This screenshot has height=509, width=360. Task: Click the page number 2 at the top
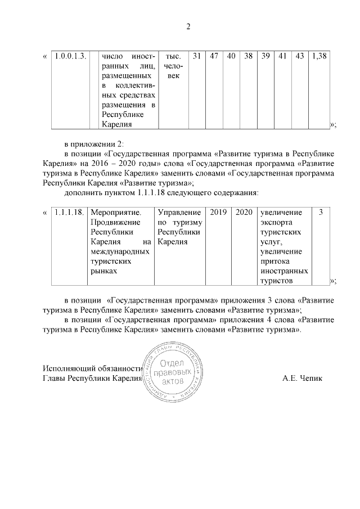pos(188,26)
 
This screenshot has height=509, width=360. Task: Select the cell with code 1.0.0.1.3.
pos(70,56)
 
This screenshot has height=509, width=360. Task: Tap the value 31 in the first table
pos(196,56)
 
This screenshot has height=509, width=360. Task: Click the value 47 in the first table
pos(214,56)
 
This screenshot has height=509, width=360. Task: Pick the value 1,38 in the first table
pos(319,56)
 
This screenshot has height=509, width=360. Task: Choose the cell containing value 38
pos(248,56)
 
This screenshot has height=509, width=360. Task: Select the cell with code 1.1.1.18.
pos(70,213)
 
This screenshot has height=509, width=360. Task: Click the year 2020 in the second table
pos(244,213)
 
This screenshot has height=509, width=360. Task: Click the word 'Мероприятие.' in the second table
pos(115,213)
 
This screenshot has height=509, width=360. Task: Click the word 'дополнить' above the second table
pos(83,192)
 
